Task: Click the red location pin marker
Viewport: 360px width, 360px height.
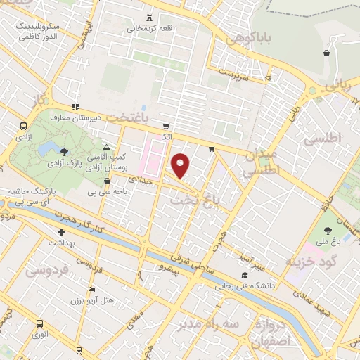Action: point(181,165)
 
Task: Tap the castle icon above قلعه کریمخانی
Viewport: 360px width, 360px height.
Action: point(148,17)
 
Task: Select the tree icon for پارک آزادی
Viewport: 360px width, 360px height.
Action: point(65,151)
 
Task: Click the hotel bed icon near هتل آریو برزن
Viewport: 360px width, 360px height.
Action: point(92,289)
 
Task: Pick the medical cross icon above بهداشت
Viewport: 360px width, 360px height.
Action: point(62,231)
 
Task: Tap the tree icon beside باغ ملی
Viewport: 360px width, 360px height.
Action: point(328,230)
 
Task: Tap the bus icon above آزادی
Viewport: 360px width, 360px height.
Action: point(23,127)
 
